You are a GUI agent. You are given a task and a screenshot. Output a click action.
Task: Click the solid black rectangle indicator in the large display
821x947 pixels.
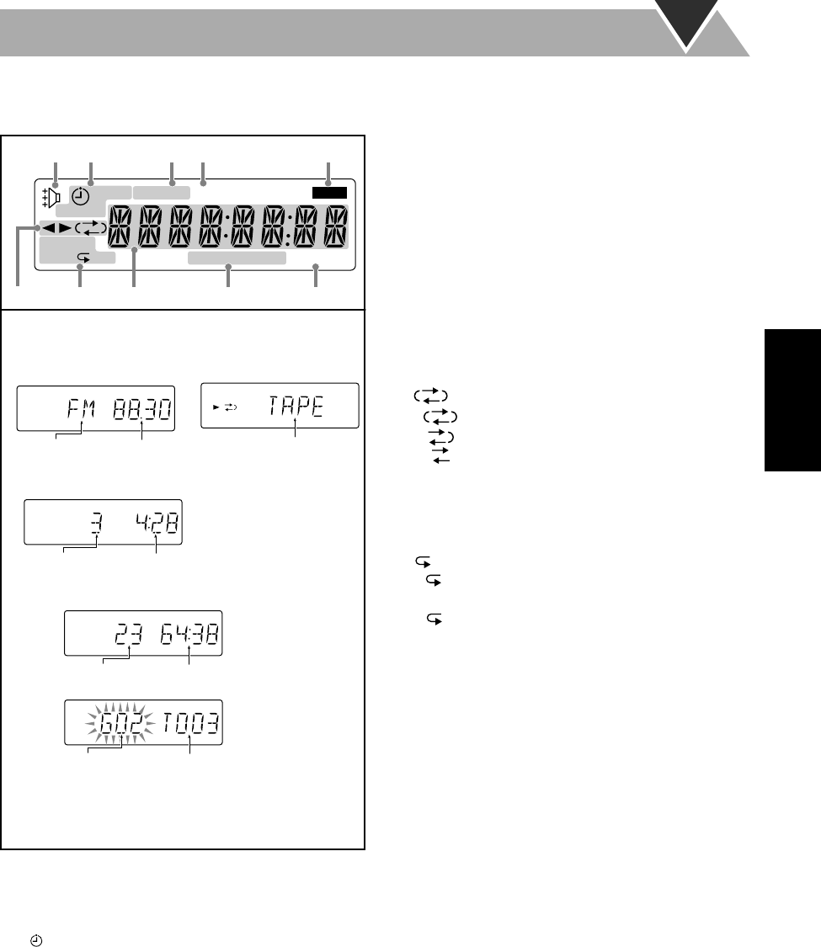tap(329, 193)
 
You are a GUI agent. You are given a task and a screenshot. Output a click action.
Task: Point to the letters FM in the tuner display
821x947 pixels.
tap(82, 412)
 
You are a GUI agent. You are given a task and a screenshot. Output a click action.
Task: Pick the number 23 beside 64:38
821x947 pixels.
tap(128, 635)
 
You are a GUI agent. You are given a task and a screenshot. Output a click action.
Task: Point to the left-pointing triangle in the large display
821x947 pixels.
tap(49, 228)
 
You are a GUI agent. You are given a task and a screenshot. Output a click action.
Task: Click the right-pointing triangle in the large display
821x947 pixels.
tap(65, 228)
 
